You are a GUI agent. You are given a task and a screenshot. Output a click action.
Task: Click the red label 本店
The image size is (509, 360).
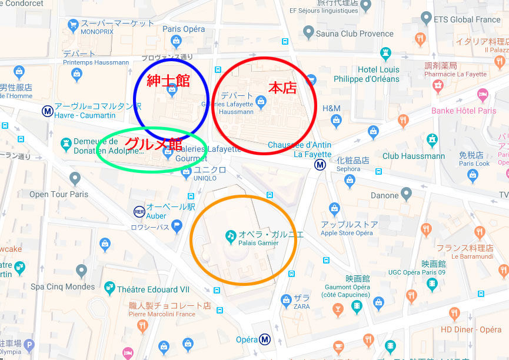click(x=282, y=88)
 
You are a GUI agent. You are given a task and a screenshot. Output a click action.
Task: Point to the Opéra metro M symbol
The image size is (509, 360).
click(x=265, y=339)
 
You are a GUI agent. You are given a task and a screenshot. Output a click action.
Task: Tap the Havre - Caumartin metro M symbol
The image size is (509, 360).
click(x=47, y=111)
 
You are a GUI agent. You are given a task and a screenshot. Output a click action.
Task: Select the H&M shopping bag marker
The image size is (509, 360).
click(x=337, y=121)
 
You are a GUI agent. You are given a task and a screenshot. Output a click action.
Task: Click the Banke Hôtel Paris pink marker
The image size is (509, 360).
click(x=483, y=94)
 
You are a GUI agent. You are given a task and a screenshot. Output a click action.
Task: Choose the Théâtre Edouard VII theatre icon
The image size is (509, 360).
click(x=109, y=288)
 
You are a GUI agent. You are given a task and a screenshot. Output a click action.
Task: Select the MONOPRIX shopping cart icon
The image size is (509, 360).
click(x=74, y=25)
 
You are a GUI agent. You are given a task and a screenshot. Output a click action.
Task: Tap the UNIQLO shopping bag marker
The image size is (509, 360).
click(x=186, y=172)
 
